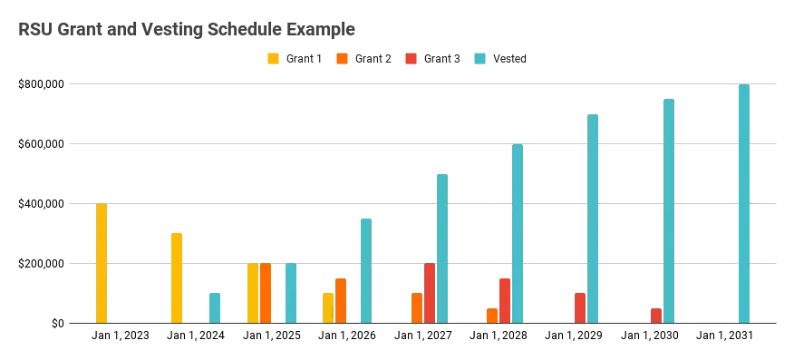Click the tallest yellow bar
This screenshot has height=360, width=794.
[x=102, y=263]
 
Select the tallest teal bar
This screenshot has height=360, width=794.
[x=744, y=203]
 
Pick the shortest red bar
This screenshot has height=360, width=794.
[x=654, y=314]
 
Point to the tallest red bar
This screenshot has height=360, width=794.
[x=429, y=292]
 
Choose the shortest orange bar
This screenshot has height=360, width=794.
[x=492, y=314]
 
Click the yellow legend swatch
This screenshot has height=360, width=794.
[x=271, y=58]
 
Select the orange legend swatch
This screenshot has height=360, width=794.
[x=342, y=58]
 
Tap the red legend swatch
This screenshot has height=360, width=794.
[x=411, y=58]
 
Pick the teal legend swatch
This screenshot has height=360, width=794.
[x=479, y=58]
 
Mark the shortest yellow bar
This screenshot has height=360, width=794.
[x=326, y=306]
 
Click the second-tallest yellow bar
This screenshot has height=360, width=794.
[x=177, y=277]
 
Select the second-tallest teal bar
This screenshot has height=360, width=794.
[x=667, y=209]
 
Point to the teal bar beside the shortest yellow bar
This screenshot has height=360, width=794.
[x=366, y=270]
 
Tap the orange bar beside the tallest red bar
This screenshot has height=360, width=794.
[x=416, y=306]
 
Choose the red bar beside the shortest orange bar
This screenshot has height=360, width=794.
[x=504, y=299]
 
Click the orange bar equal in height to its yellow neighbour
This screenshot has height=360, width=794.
[x=266, y=292]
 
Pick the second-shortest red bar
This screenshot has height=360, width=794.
[x=579, y=306]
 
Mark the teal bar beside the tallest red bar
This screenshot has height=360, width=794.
[x=442, y=248]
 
